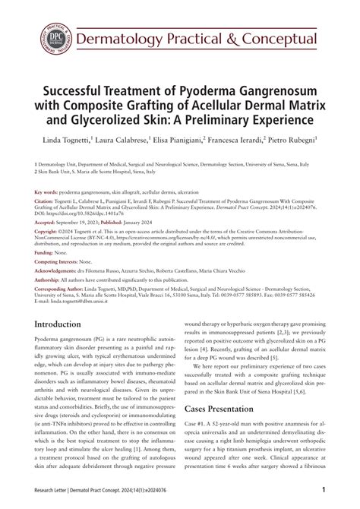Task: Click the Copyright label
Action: tap(50, 232)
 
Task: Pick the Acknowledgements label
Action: tap(61, 273)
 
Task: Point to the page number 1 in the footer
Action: tap(324, 490)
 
